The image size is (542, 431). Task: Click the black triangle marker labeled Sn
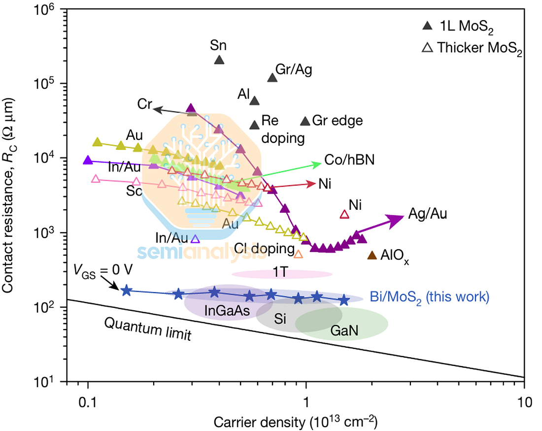(219, 60)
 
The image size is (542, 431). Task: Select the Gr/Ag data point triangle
(271, 78)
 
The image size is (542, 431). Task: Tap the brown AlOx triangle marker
(372, 255)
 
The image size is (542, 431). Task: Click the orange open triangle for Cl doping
(298, 254)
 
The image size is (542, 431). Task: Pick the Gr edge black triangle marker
(305, 121)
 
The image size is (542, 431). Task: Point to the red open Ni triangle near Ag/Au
(344, 214)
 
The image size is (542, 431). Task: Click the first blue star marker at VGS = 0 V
(126, 290)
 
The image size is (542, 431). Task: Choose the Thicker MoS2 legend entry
(472, 48)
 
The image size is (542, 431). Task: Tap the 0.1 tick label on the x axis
(88, 401)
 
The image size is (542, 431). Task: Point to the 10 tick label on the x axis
(524, 401)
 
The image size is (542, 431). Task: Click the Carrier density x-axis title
(295, 422)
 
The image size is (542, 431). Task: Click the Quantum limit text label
(148, 329)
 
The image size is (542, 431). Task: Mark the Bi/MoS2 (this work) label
(429, 297)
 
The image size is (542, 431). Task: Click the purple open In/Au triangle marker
(195, 239)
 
